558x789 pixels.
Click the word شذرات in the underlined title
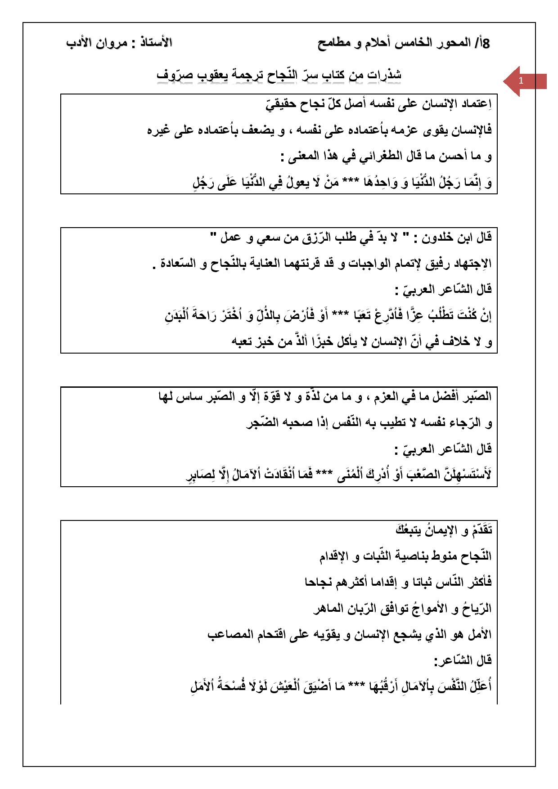(x=384, y=75)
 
